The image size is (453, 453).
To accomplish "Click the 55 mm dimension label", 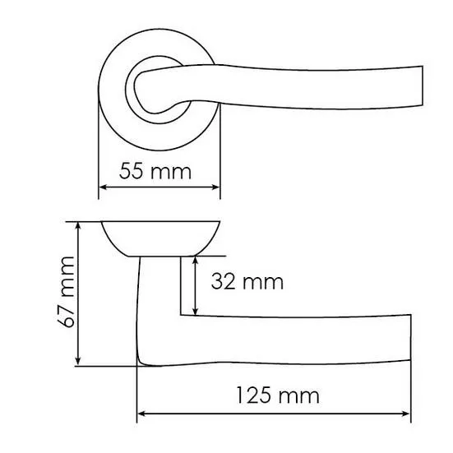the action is coord(155,171).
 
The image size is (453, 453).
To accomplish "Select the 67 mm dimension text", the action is coord(66,292).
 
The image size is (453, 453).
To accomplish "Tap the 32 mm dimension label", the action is coord(247,282).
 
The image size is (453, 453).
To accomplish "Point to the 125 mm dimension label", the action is coord(278,395).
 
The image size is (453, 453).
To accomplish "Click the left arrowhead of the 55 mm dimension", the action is coord(103,187).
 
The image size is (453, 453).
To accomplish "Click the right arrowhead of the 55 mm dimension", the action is coord(215,187).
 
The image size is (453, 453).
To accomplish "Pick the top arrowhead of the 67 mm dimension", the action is coord(78,226).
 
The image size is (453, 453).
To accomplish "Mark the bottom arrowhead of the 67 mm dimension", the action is coord(78,361).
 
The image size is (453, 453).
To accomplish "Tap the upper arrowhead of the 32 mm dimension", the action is coord(196,261).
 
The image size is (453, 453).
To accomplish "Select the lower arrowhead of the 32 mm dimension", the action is coord(196,311).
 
